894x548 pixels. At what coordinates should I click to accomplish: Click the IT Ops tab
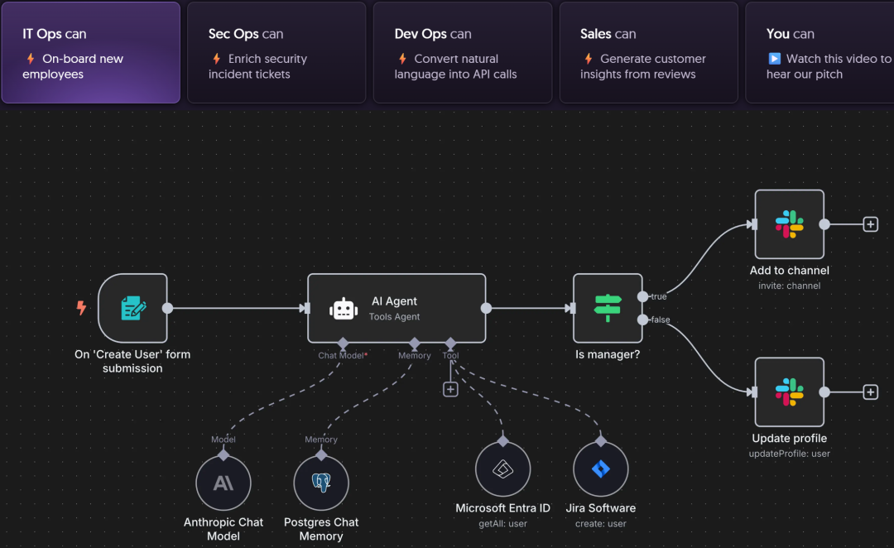point(90,52)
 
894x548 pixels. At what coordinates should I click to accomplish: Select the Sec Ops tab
point(276,52)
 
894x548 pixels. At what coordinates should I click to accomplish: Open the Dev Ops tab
point(463,52)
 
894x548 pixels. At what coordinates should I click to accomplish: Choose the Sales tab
point(648,52)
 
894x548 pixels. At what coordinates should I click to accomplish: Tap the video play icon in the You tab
point(774,59)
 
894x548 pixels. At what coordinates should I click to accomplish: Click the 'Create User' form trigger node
point(132,308)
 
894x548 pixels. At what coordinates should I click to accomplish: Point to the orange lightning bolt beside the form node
point(81,308)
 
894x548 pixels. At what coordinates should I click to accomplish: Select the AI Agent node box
point(397,308)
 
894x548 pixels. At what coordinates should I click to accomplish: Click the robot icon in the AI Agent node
point(344,309)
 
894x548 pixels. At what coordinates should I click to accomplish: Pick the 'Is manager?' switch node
point(608,308)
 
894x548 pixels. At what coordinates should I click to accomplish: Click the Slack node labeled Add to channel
point(789,224)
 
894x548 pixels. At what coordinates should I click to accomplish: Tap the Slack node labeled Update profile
point(789,392)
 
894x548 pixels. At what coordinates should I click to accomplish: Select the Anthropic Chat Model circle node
point(223,483)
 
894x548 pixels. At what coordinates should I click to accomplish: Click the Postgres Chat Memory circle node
point(321,483)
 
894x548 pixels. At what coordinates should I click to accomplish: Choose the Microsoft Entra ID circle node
point(502,469)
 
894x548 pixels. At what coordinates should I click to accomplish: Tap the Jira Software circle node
point(600,469)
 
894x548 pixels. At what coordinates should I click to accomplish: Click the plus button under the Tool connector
point(450,389)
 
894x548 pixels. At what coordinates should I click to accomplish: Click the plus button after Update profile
point(870,392)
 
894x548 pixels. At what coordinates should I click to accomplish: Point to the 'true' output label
point(658,296)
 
